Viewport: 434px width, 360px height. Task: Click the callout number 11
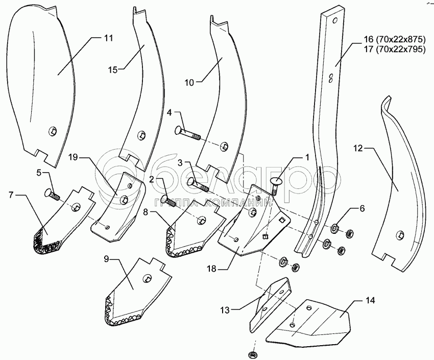point(108,38)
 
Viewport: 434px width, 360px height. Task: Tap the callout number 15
point(113,68)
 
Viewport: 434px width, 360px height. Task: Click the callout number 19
point(74,158)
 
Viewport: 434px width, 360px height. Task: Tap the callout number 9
point(107,260)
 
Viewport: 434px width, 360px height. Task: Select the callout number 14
point(370,300)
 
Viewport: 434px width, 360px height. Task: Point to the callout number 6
point(362,209)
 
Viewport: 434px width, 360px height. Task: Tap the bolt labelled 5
point(53,195)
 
